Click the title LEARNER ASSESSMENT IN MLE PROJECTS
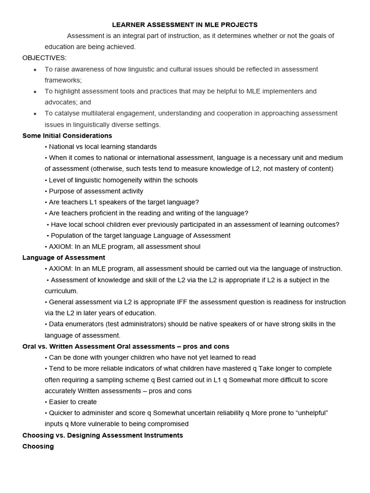[x=185, y=25]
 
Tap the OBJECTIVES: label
[x=44, y=58]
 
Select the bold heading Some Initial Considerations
[x=67, y=136]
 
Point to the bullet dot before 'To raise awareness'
[x=35, y=70]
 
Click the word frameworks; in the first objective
[x=64, y=80]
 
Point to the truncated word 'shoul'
[x=191, y=246]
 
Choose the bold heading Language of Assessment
[x=64, y=258]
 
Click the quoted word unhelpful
[x=307, y=413]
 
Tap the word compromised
[x=167, y=424]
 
